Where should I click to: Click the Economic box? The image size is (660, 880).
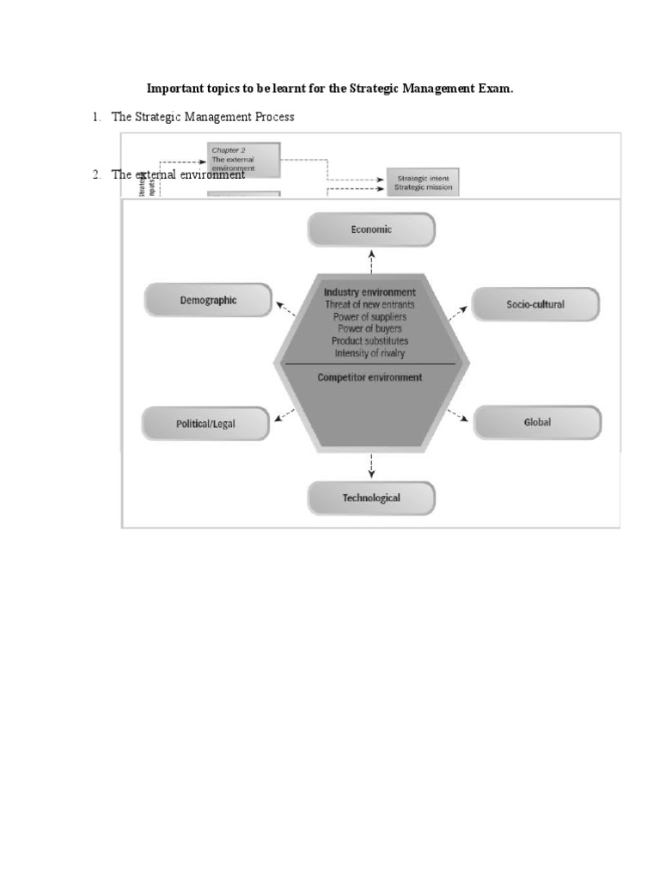click(x=371, y=229)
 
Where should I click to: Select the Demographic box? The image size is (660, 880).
click(x=209, y=301)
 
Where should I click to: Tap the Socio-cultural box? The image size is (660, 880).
click(x=535, y=304)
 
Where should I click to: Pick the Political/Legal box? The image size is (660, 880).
click(x=205, y=424)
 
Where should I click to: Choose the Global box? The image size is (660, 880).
click(x=537, y=422)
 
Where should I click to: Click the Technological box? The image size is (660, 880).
click(x=371, y=498)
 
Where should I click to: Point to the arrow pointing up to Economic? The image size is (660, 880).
click(x=371, y=262)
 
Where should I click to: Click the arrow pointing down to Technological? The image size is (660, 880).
click(x=371, y=465)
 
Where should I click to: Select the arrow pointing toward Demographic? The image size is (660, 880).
click(x=284, y=308)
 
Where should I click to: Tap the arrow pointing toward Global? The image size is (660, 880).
click(x=458, y=414)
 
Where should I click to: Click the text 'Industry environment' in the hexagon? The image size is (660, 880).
click(x=370, y=292)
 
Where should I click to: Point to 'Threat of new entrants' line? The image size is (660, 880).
click(x=370, y=304)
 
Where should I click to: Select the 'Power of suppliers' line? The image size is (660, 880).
click(x=370, y=316)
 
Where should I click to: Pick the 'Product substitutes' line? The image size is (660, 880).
click(x=370, y=340)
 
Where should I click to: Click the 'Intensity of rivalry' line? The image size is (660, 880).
click(x=370, y=352)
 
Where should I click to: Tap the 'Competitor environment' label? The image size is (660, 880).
click(x=370, y=377)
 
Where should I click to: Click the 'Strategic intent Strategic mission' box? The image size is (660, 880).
click(x=423, y=182)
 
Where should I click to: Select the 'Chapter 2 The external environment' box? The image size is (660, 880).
click(x=244, y=159)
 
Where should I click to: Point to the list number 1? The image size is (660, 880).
click(x=96, y=117)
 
